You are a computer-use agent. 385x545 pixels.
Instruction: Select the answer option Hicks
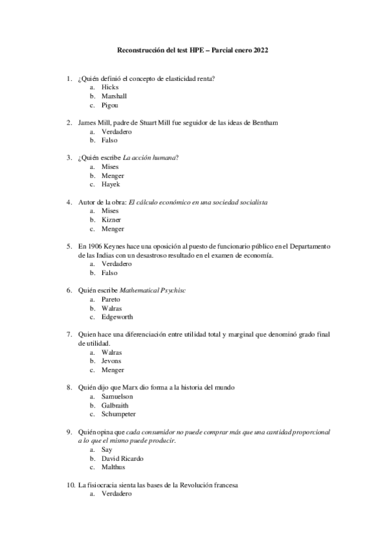coord(110,87)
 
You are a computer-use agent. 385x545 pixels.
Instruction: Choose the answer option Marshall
coord(114,96)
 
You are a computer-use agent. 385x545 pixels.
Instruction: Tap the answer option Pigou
coord(110,105)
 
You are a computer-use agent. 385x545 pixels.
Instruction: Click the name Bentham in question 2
coord(264,122)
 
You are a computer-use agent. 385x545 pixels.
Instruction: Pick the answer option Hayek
coord(111,184)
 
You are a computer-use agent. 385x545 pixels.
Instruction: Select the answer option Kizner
coord(111,220)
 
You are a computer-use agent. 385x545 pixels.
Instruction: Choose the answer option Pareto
coord(111,299)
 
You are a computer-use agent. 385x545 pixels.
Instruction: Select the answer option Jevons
coord(111,361)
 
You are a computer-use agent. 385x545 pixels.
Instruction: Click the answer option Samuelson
coord(117,397)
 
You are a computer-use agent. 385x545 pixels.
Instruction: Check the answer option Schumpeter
coord(119,415)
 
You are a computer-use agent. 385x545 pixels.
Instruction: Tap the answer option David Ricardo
coord(122,459)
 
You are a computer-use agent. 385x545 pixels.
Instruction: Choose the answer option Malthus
coord(112,467)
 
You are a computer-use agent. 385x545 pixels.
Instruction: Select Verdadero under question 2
coord(116,131)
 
